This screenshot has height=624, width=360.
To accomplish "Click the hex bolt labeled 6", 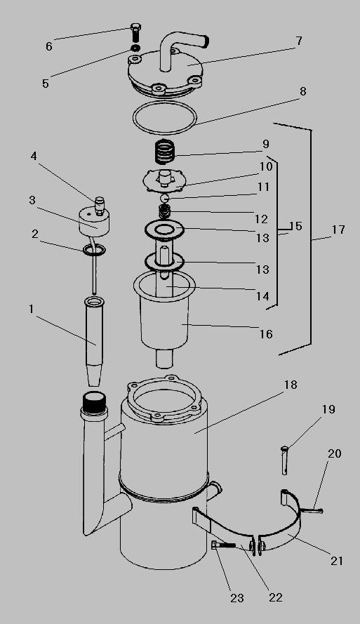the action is click(135, 33).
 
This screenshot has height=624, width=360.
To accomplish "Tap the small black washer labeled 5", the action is click(135, 48).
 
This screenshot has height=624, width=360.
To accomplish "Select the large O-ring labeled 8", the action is click(164, 117).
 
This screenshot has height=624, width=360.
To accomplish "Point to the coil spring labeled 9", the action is click(164, 151).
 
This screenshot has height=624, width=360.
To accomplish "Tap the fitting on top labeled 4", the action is click(99, 204).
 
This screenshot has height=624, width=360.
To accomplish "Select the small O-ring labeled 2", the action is click(94, 251).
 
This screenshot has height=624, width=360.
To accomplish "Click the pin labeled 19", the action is click(284, 460).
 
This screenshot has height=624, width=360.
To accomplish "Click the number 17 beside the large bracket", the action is click(338, 230).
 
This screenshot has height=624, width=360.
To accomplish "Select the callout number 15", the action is click(296, 227).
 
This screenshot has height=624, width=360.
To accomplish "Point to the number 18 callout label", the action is click(291, 385).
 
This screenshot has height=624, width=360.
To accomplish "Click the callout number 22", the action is click(275, 597).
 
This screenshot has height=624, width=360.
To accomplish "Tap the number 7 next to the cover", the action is click(299, 41).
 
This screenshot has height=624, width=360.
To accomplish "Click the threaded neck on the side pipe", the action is click(94, 403).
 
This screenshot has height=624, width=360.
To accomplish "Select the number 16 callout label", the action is click(266, 334).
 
